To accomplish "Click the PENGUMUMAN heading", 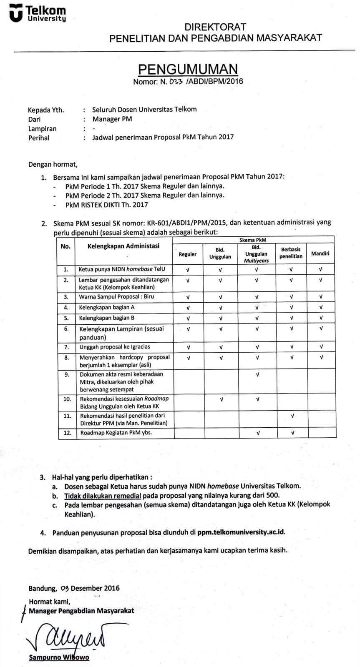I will (x=188, y=69).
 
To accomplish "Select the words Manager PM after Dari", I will (x=112, y=119).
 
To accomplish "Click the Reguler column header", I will (x=188, y=254).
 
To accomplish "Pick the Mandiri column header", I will (x=320, y=253).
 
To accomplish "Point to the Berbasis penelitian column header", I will (x=291, y=253).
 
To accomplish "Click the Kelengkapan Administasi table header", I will (x=123, y=246).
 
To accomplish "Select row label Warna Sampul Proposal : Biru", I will (x=116, y=297).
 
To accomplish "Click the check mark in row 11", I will (x=292, y=416).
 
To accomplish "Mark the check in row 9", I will (x=257, y=374).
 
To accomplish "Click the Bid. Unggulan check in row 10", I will (x=221, y=399).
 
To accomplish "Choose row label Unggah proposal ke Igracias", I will (x=115, y=347).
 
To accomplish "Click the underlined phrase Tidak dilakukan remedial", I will (x=102, y=496).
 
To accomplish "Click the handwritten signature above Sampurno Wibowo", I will (x=67, y=638).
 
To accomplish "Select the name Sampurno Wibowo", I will (x=59, y=657).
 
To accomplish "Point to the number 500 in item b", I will (x=273, y=496).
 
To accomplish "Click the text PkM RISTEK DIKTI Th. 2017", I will (x=106, y=205).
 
